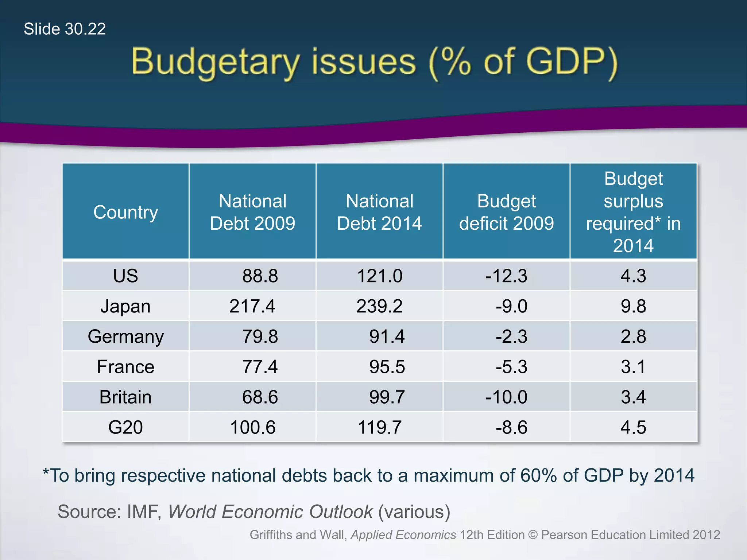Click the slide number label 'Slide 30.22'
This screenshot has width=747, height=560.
(65, 29)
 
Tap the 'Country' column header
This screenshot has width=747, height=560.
(125, 212)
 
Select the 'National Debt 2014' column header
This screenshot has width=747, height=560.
(379, 212)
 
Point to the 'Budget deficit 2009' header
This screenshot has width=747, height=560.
(506, 212)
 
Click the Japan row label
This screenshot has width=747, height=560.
(125, 306)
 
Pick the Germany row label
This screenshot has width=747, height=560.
(125, 336)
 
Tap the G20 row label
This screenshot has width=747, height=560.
(125, 427)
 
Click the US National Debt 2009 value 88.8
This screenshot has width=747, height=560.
(260, 276)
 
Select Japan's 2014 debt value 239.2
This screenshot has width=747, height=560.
(379, 306)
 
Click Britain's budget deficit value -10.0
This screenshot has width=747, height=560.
(506, 397)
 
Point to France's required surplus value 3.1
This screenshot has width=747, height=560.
(633, 366)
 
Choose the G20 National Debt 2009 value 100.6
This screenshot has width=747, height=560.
(252, 427)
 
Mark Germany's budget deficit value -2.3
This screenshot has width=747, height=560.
(511, 336)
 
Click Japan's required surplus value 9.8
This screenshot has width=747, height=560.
(633, 306)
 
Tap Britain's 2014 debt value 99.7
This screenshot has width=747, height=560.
(387, 397)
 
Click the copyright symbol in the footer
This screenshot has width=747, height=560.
(533, 535)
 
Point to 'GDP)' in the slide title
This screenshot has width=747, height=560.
(572, 62)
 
